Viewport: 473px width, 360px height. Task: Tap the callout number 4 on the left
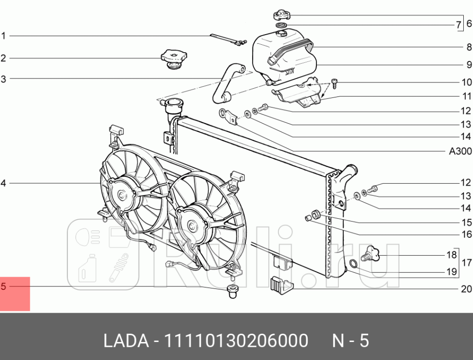pyautogui.click(x=3, y=183)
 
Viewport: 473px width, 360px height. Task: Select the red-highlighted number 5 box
pyautogui.click(x=15, y=293)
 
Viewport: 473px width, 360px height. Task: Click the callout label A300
pyautogui.click(x=460, y=152)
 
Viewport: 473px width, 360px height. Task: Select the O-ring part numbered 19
pyautogui.click(x=353, y=265)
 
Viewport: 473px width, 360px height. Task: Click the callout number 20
pyautogui.click(x=466, y=289)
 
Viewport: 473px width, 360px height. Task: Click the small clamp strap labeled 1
pyautogui.click(x=227, y=40)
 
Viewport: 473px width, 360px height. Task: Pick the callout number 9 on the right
pyautogui.click(x=468, y=64)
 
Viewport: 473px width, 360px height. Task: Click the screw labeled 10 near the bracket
pyautogui.click(x=335, y=84)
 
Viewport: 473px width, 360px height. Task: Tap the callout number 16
pyautogui.click(x=466, y=234)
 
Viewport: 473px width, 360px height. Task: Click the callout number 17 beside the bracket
pyautogui.click(x=466, y=263)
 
